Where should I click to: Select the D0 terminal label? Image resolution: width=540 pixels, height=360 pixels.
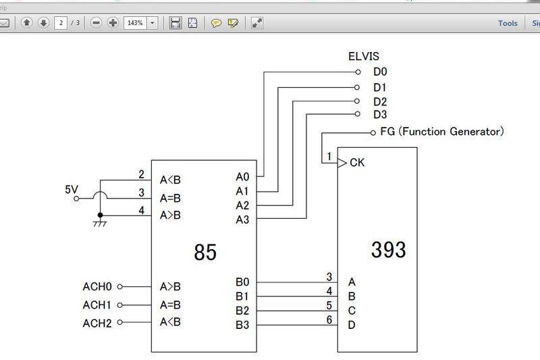click(x=380, y=72)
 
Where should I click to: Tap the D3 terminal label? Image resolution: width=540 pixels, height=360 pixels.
click(x=380, y=115)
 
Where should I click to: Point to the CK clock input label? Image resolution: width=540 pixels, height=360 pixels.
click(x=358, y=163)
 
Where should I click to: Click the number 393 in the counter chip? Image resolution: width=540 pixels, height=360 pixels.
click(x=388, y=249)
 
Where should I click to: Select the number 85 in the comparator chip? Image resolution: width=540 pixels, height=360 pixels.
click(x=205, y=252)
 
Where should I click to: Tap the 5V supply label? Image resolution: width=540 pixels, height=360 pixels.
click(x=72, y=190)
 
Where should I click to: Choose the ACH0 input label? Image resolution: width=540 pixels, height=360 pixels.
click(x=97, y=286)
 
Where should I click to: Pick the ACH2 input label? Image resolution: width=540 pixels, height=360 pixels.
click(x=97, y=322)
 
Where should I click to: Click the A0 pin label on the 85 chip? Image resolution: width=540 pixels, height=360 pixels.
click(x=242, y=177)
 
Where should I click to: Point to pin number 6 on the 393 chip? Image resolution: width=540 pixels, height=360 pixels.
click(x=329, y=319)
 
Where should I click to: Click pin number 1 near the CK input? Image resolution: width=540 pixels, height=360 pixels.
click(x=329, y=157)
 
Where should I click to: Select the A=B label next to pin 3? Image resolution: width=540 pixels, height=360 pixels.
click(x=170, y=199)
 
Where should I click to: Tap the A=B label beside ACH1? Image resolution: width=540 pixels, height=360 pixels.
click(x=170, y=305)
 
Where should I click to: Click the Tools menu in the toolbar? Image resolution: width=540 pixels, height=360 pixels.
click(x=508, y=23)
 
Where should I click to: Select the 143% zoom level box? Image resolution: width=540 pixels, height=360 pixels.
click(x=135, y=23)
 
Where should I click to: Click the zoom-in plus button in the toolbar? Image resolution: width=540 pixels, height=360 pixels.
click(x=113, y=23)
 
